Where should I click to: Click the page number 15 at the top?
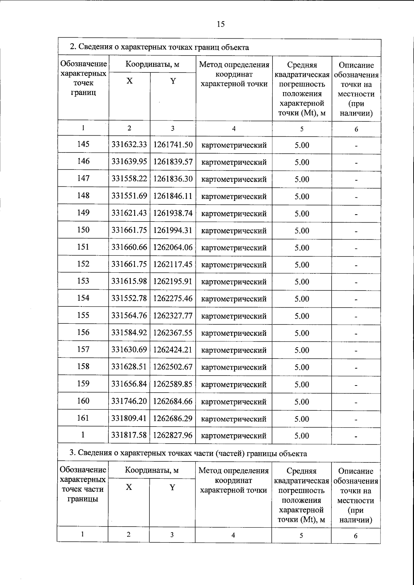point(221,24)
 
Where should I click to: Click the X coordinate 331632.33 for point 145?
point(129,145)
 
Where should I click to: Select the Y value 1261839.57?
point(173,162)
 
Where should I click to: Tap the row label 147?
point(83,178)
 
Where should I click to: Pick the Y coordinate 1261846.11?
point(173,196)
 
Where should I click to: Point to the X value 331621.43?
point(129,213)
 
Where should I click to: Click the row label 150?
point(83,230)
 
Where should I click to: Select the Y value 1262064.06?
point(173,247)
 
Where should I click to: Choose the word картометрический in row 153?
point(234,282)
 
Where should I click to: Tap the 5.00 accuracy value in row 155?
point(302,316)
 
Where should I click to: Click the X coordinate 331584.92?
point(129,333)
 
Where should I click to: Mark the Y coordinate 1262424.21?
point(173,350)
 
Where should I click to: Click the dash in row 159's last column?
point(356,385)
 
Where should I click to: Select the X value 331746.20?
point(129,401)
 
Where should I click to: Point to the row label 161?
point(83,418)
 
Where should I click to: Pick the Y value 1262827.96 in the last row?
point(173,436)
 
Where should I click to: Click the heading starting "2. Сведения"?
point(159,47)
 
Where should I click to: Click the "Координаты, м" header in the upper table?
point(152,65)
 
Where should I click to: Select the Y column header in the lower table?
point(172,487)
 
